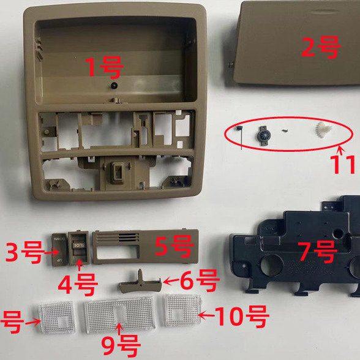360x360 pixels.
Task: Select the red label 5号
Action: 174,246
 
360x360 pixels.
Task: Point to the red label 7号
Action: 317,251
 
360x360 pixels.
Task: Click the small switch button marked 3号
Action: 59,247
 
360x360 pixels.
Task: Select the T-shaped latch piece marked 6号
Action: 139,280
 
